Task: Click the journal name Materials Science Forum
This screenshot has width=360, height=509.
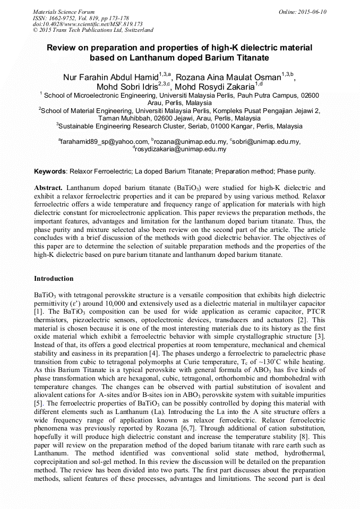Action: [x=64, y=12]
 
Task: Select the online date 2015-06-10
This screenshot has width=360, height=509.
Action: [x=311, y=12]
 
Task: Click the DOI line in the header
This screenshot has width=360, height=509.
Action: [x=88, y=24]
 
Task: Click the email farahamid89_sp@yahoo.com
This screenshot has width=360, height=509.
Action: [x=105, y=142]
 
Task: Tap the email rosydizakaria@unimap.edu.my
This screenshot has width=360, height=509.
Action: [x=181, y=150]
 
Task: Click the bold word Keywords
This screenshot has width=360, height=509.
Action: [x=50, y=171]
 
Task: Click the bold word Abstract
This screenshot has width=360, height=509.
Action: [x=48, y=188]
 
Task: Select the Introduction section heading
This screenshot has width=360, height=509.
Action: [x=54, y=279]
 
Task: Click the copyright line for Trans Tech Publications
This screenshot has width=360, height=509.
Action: [x=93, y=31]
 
